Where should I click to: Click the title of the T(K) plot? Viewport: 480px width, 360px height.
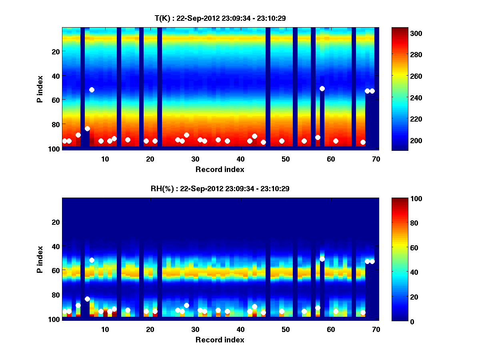220,18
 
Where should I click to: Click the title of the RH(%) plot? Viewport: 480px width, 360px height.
220,188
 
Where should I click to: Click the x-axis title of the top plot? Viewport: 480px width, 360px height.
220,169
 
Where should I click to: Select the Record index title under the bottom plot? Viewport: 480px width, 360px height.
220,340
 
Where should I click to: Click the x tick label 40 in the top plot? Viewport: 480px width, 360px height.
240,158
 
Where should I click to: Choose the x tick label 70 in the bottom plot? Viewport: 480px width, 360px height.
376,329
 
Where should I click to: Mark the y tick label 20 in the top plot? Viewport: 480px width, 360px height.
55,51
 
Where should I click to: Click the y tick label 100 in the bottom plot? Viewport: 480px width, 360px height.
54,319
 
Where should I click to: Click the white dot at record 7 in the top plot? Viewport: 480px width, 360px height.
92,90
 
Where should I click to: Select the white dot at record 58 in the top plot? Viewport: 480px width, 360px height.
322,88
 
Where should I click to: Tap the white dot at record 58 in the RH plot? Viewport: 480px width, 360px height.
322,259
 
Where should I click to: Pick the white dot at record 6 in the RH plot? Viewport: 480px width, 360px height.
87,299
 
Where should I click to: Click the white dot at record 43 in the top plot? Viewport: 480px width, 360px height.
254,136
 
